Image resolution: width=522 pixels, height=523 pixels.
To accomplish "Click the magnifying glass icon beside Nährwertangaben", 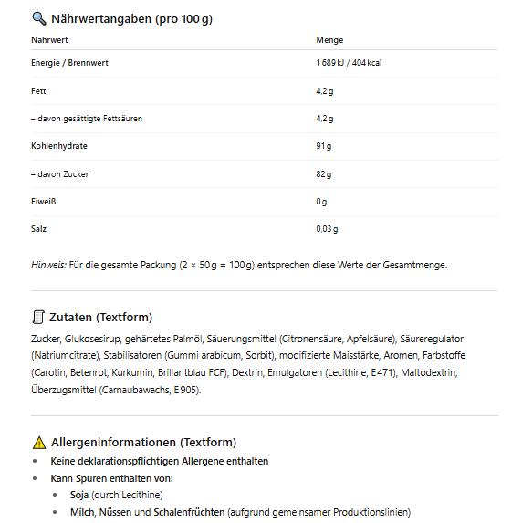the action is point(38,18).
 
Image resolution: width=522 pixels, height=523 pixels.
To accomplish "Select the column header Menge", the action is point(329,40).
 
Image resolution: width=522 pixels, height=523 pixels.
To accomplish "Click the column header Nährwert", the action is point(49,40).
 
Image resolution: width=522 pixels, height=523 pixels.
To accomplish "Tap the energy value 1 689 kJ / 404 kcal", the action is point(349,63).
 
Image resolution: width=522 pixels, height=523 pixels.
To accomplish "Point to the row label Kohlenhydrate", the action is point(59,146).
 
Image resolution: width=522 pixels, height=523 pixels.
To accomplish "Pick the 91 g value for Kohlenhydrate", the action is point(324,146).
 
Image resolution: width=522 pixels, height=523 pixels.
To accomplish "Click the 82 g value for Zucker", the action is point(324,174).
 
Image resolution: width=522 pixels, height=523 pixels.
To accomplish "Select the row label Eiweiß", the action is point(44,202).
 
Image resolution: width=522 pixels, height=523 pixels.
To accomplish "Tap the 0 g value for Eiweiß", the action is point(321,202).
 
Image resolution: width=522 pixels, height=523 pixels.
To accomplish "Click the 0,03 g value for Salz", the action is point(327,229).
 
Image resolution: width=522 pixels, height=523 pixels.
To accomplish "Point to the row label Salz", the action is point(38,229).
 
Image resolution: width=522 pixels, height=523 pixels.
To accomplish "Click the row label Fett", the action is point(38,91).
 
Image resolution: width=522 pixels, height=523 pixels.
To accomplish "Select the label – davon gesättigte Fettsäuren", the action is point(86,119).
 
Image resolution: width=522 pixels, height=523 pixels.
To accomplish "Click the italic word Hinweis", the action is point(48,265).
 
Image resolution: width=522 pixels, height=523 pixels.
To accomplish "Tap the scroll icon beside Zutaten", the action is point(38,317).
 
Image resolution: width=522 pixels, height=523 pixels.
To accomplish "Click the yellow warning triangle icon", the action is point(38,443).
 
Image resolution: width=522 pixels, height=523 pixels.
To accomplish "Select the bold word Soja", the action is point(80,495).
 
